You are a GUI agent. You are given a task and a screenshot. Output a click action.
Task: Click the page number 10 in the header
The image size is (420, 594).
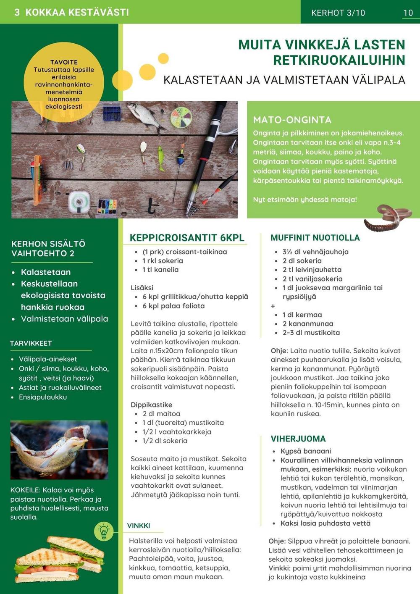tap(408, 13)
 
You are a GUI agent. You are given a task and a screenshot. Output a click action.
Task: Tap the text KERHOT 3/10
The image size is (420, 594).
tap(338, 13)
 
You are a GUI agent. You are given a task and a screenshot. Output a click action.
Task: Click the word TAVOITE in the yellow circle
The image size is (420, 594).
tap(64, 62)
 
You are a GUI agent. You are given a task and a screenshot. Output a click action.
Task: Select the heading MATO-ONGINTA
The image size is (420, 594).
tap(292, 120)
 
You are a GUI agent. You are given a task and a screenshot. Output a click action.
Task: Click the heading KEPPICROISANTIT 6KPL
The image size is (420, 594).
tap(187, 238)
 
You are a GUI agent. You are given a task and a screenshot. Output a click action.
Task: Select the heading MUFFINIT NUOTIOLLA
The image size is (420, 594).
tap(315, 238)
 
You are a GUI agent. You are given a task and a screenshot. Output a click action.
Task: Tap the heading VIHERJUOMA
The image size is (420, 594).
tap(298, 439)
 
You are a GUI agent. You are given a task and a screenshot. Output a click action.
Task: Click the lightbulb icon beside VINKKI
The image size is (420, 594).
tap(104, 531)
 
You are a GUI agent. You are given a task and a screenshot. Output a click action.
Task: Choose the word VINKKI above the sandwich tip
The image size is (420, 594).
tap(139, 526)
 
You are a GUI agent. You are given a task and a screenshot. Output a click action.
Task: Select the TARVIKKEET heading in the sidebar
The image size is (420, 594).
tap(31, 343)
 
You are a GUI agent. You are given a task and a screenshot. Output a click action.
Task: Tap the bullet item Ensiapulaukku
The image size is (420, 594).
tap(43, 397)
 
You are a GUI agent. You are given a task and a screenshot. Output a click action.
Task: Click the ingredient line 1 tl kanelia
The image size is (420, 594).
tap(160, 270)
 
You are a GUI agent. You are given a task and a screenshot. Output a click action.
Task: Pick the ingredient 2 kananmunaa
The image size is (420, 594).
tap(308, 323)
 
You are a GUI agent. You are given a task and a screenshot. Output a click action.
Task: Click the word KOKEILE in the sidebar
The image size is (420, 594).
tap(25, 490)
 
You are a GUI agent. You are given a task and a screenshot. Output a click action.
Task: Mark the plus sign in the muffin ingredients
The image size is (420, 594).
tap(273, 306)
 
